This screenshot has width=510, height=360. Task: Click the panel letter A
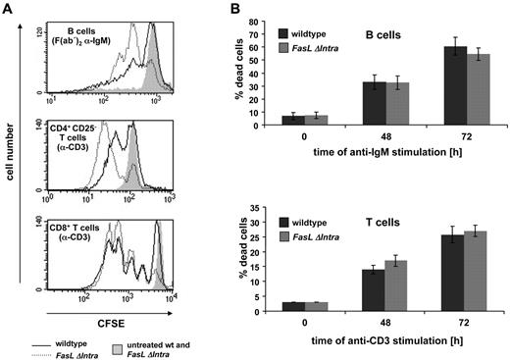coord(8,9)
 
